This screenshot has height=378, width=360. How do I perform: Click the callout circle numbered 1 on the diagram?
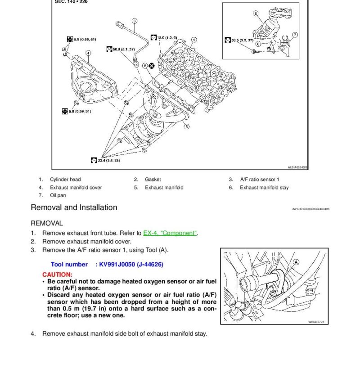(x=193, y=40)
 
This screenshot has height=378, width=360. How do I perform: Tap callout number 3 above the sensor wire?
(x=135, y=21)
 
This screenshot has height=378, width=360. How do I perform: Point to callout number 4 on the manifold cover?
(x=88, y=53)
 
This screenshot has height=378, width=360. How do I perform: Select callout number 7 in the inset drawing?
(x=295, y=35)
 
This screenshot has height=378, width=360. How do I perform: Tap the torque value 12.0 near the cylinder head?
(x=167, y=37)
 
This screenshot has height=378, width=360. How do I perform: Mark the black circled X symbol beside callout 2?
(x=151, y=66)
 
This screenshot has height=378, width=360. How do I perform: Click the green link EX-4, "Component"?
(x=170, y=233)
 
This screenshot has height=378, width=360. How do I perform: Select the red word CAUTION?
(x=57, y=274)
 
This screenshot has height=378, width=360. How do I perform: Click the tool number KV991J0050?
(x=131, y=265)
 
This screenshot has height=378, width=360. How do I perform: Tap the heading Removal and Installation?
(x=74, y=208)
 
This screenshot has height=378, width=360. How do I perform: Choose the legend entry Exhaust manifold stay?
(x=264, y=188)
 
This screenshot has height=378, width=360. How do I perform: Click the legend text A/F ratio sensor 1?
(x=260, y=180)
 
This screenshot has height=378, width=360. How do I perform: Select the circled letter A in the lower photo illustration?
(x=296, y=262)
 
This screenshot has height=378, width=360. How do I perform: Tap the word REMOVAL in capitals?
(x=47, y=223)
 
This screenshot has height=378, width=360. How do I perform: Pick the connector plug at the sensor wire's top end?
(x=119, y=23)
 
